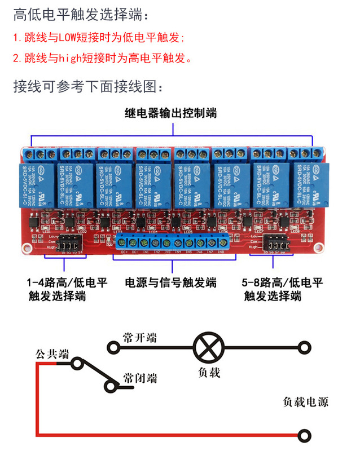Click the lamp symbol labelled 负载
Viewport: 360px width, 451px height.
click(205, 347)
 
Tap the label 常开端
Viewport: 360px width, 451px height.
click(139, 338)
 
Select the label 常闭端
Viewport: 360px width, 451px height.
click(139, 377)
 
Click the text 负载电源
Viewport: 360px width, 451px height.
click(305, 401)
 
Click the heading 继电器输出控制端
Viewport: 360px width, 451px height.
click(171, 113)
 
